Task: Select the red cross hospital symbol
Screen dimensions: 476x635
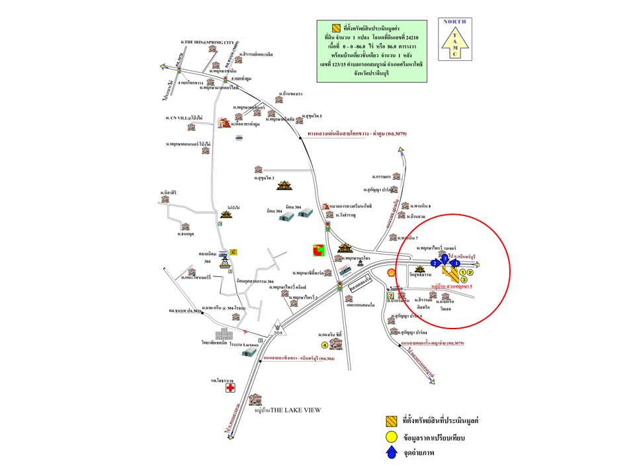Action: (231, 388)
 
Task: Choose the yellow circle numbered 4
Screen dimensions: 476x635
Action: (324, 344)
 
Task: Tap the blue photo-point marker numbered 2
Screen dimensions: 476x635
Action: (435, 263)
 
